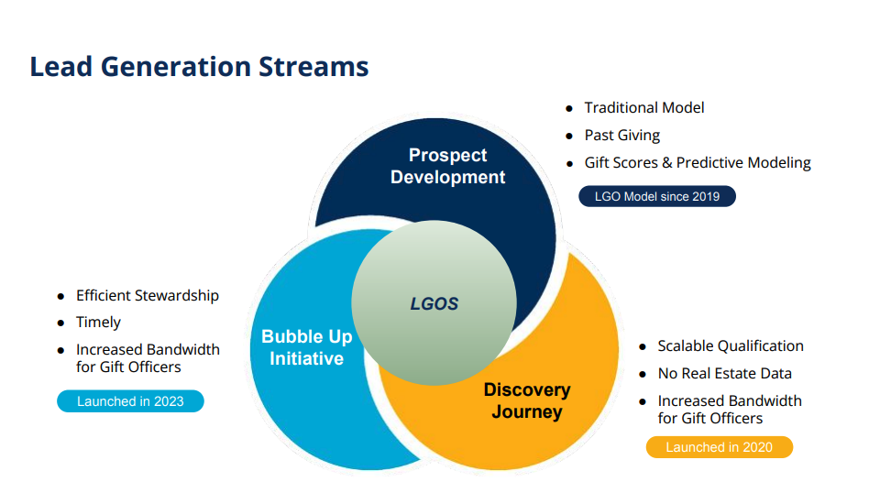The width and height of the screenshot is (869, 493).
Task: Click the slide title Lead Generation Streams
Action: [x=199, y=67]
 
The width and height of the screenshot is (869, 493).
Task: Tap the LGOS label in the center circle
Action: [x=434, y=304]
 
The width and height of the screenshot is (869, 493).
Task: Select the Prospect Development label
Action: [x=447, y=166]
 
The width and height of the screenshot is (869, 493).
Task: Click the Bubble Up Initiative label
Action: [x=306, y=347]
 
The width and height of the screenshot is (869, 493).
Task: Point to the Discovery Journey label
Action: [x=527, y=400]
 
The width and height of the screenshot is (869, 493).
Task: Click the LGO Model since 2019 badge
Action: [x=656, y=196]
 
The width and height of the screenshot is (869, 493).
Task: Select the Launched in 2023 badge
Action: [x=130, y=401]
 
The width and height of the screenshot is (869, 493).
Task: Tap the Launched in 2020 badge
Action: [x=719, y=447]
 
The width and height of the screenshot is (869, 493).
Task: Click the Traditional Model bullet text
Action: [x=644, y=108]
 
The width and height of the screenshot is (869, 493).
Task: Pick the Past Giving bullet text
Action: [x=622, y=136]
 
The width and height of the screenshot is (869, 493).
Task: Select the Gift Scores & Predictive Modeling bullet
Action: [x=698, y=163]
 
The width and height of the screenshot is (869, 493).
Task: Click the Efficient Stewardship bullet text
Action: [x=148, y=296]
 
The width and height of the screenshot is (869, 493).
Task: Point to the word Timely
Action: [x=98, y=323]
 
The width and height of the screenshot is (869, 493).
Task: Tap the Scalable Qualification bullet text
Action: [x=731, y=346]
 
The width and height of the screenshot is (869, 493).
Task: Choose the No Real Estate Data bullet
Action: [x=724, y=374]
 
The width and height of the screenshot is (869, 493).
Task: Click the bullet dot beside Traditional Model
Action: [x=569, y=109]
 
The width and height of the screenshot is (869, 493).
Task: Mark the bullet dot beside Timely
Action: [x=60, y=323]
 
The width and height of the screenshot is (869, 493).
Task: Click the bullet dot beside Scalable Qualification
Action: [x=643, y=347]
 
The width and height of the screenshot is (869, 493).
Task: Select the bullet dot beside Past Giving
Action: [x=569, y=137]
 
